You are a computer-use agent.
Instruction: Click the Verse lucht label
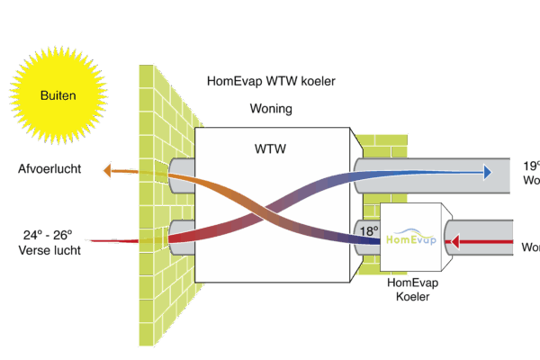[49, 250]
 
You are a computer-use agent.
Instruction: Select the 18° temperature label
[369, 230]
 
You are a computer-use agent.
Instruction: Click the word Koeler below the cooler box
[412, 297]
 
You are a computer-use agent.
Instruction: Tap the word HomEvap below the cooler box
[412, 283]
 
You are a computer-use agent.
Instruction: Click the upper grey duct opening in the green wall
[181, 170]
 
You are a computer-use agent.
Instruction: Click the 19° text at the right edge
[531, 166]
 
